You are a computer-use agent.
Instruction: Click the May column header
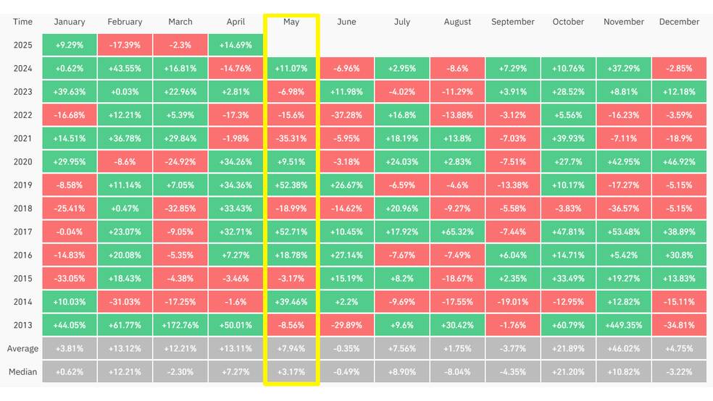pos(291,22)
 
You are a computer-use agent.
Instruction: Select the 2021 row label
pos(22,138)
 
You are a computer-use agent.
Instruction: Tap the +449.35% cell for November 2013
pos(623,325)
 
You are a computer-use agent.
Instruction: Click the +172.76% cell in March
pos(180,325)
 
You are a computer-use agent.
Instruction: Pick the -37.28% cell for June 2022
pos(346,115)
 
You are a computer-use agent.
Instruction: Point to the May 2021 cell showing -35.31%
pos(291,138)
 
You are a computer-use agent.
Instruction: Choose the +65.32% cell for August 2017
pos(457,232)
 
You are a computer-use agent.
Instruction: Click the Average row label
pos(22,349)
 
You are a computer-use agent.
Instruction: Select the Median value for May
pos(291,372)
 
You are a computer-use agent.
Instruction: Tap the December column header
pos(679,22)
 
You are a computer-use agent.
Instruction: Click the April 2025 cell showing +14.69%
pos(235,45)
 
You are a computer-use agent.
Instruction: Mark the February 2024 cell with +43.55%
pos(125,69)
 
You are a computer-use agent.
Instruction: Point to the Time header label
pos(22,22)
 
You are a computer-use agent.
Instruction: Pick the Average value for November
pos(623,349)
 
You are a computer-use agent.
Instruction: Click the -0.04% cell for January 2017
pos(69,232)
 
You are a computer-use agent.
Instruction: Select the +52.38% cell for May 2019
pos(291,185)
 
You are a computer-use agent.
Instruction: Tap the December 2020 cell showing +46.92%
pos(679,161)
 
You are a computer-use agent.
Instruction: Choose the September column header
pos(512,22)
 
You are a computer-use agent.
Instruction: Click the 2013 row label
pos(22,325)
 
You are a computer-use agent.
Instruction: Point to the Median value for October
pos(568,372)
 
